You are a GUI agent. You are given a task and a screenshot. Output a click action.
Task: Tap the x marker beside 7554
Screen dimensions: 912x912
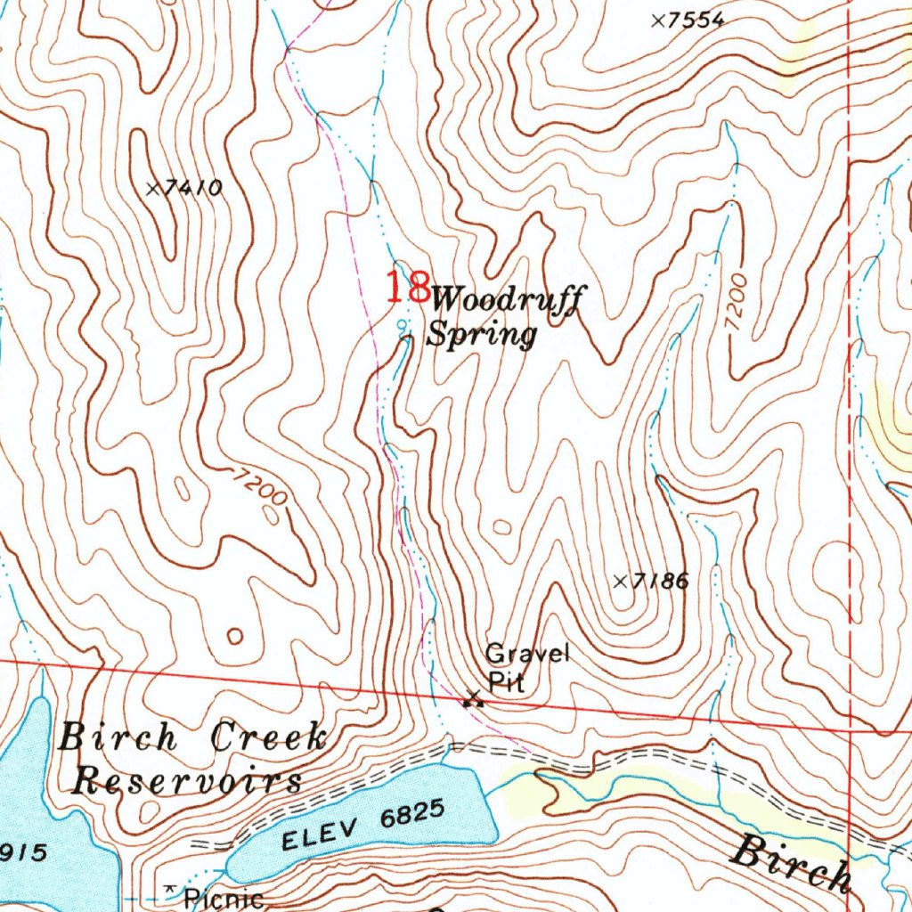(x=658, y=20)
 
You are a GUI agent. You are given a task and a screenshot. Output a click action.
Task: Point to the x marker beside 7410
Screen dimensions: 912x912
(x=153, y=188)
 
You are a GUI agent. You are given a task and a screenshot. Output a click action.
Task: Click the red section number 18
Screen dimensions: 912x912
(x=406, y=288)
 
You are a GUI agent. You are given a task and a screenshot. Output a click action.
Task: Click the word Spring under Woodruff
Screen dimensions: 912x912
(x=482, y=336)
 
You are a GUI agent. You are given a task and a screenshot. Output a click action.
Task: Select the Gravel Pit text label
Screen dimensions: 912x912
(x=525, y=668)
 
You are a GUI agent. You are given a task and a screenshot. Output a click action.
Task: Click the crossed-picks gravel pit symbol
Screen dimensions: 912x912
(x=473, y=699)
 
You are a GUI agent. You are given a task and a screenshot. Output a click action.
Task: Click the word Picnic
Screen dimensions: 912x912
(x=224, y=899)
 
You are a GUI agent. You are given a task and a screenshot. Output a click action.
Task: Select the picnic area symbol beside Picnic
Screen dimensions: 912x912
(x=169, y=892)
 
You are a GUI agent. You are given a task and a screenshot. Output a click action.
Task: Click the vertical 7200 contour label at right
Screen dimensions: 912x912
(x=737, y=305)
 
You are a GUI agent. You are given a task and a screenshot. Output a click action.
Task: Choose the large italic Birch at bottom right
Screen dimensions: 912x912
(x=790, y=864)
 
